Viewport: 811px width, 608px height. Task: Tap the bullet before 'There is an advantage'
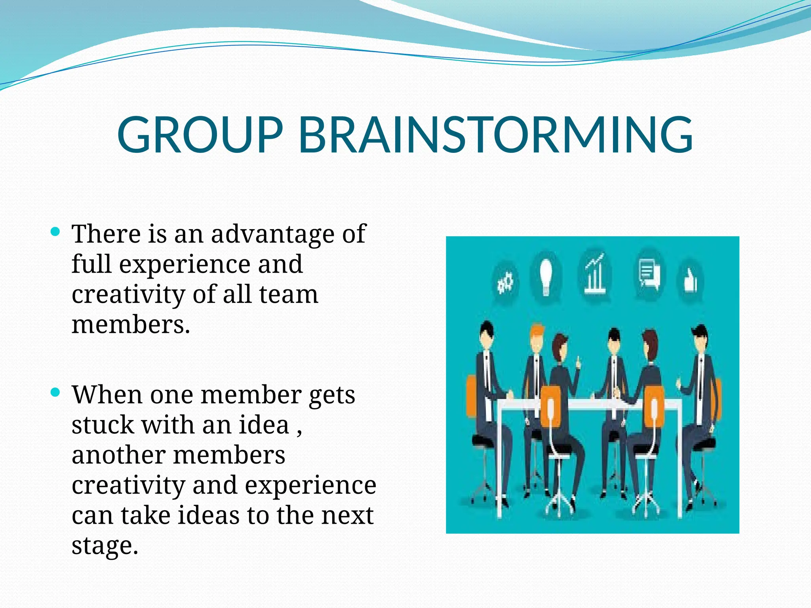tap(55, 231)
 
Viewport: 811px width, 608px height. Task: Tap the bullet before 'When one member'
tap(55, 392)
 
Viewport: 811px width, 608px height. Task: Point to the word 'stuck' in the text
tap(103, 425)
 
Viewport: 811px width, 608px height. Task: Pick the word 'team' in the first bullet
tap(289, 294)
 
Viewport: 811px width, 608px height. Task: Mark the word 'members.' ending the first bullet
tap(131, 325)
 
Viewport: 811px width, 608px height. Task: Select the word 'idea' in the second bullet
tap(264, 425)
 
